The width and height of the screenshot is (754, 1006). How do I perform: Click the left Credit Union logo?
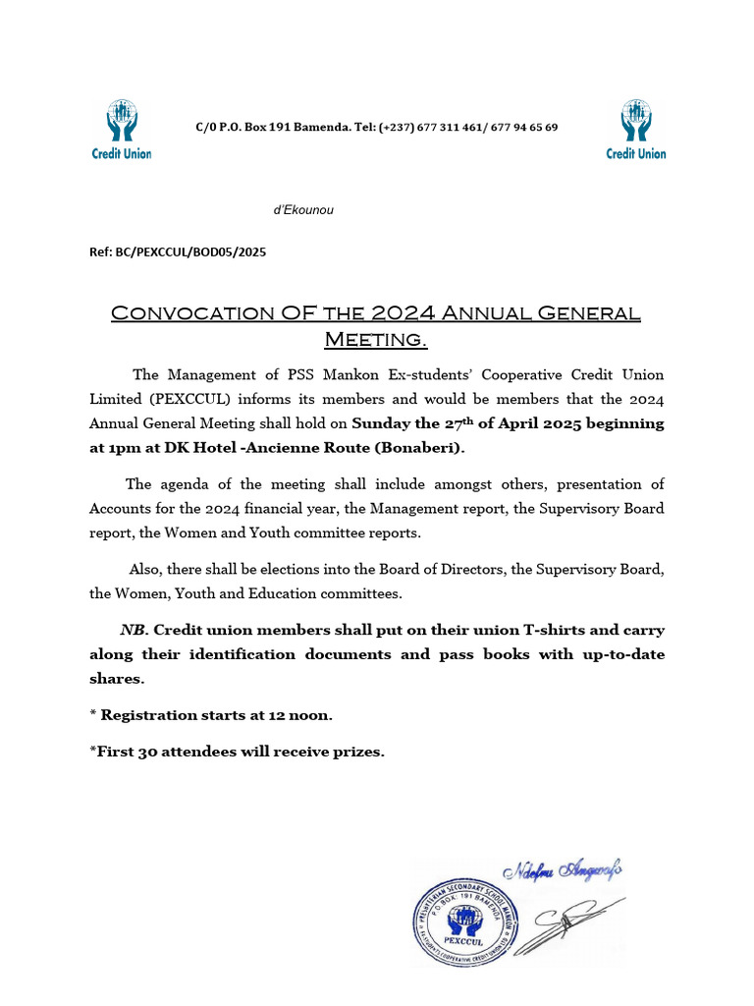coord(122,129)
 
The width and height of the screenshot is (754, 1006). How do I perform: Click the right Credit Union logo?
coord(635,129)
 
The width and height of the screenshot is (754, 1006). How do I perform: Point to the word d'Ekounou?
coord(302,210)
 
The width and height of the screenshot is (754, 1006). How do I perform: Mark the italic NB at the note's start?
coord(134,629)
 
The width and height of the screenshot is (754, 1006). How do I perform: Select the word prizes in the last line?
coord(356,753)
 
